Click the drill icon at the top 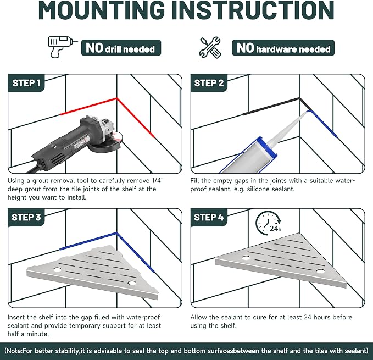[62, 47]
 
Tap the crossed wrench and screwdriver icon [210, 48]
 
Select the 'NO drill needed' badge [121, 48]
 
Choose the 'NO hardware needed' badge [283, 48]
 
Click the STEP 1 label [26, 83]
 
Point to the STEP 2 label [209, 83]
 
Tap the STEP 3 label [26, 217]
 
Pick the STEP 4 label [209, 217]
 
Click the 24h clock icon [268, 223]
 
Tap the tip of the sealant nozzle [308, 112]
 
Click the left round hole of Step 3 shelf [57, 270]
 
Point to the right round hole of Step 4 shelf [320, 272]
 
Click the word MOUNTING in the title [102, 10]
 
